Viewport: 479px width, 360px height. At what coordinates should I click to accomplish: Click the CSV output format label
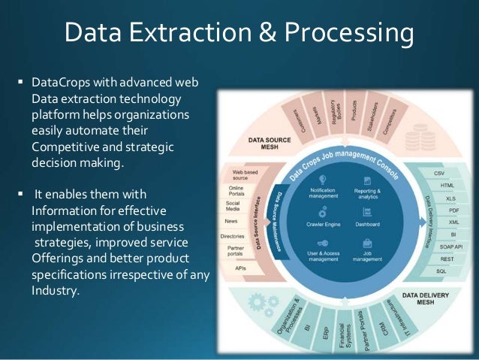439,173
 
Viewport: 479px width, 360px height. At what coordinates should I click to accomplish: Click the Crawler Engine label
323,225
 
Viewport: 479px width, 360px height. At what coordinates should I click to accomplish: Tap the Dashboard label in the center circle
367,225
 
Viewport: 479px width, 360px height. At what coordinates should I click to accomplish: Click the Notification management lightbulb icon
323,180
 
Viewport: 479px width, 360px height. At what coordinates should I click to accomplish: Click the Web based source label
244,175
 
